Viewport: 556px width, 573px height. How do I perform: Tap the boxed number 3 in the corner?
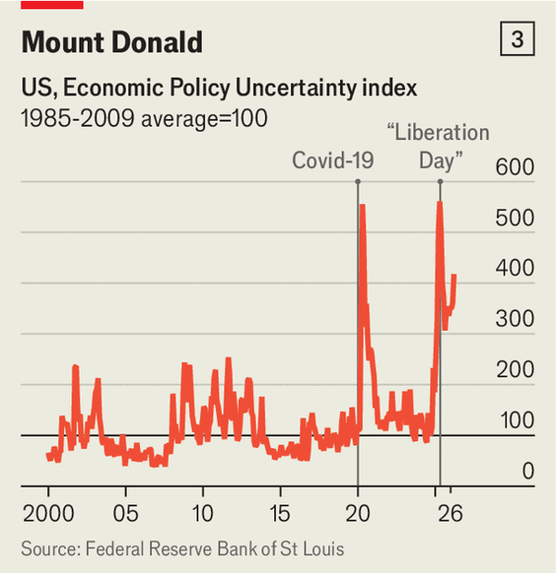click(516, 40)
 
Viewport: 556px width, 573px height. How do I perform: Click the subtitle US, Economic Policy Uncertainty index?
click(219, 89)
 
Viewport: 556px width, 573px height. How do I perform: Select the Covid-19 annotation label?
click(333, 160)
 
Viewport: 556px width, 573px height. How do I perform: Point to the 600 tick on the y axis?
click(514, 168)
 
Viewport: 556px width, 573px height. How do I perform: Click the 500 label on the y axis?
click(514, 219)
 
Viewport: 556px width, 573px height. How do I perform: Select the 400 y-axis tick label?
click(514, 269)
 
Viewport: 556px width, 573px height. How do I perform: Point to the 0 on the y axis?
click(526, 472)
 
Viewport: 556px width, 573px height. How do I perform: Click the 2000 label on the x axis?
click(47, 514)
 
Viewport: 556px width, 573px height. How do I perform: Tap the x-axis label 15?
click(281, 514)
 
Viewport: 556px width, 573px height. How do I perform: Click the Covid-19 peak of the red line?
click(361, 206)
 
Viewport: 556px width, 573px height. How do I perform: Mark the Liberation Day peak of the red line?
click(439, 203)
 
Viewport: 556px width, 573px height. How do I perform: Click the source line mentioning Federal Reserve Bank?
click(183, 549)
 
